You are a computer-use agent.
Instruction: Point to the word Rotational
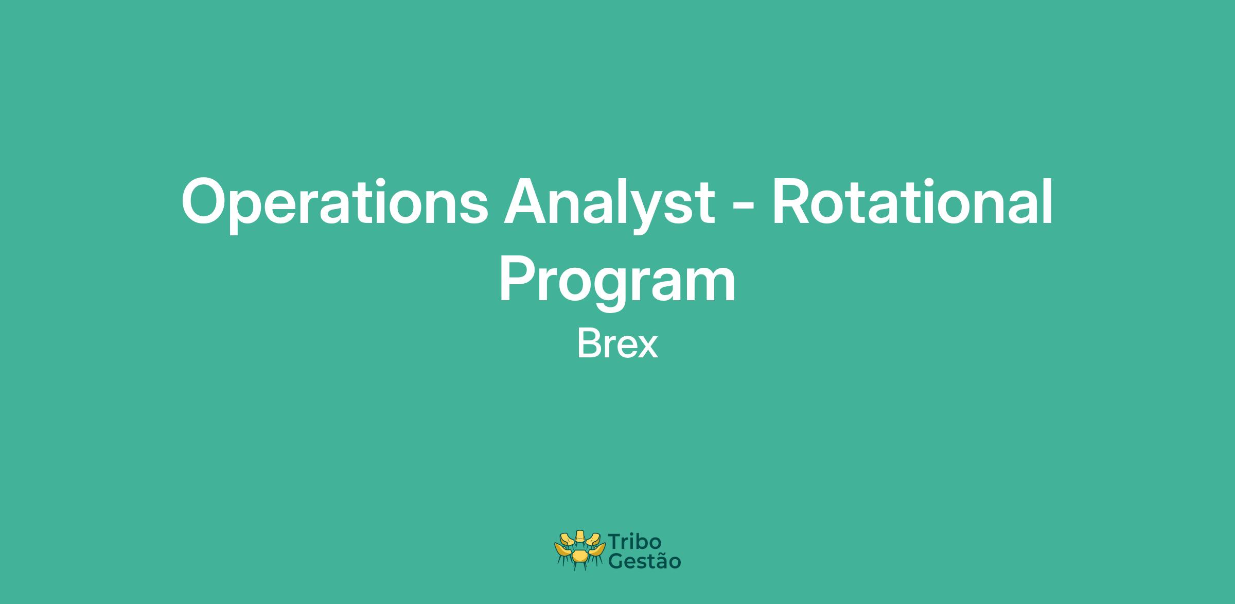pos(912,201)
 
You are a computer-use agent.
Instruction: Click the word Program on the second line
pos(617,283)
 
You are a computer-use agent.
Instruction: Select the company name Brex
pos(617,344)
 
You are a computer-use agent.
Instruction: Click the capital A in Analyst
pos(526,202)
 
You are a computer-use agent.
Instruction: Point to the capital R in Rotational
pos(791,202)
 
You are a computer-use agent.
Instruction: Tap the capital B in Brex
pos(588,344)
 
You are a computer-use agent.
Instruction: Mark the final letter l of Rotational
pos(1048,201)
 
